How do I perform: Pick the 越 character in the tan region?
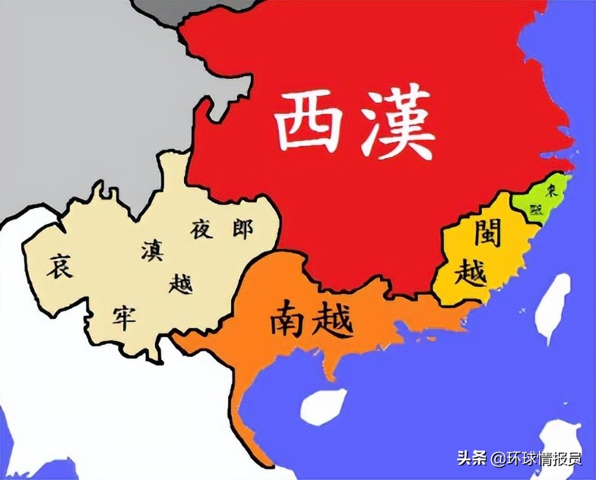[181, 283]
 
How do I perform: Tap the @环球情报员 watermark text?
[536, 458]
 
